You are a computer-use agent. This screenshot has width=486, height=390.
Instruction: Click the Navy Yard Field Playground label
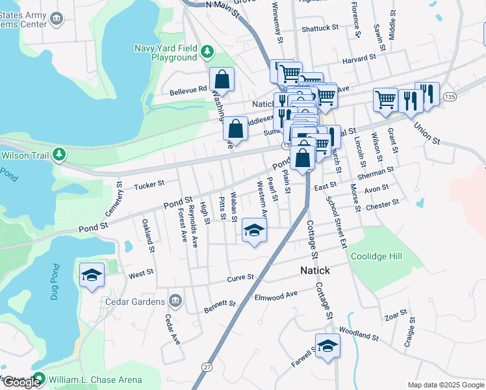point(165,53)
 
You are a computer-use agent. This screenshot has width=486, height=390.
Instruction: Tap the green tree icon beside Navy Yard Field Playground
point(207,51)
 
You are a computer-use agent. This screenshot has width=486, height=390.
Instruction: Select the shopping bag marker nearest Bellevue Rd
point(222,79)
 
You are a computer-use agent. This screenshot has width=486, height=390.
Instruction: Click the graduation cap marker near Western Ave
point(255,230)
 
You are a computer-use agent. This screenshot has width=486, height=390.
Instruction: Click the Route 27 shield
point(207,367)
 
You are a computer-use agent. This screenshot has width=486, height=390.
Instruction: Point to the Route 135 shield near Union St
point(449,96)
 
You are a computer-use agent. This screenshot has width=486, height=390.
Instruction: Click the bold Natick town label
point(314,270)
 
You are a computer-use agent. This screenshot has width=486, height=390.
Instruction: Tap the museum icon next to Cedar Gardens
point(175,301)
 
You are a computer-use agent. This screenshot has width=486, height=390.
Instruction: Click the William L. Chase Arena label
point(89,378)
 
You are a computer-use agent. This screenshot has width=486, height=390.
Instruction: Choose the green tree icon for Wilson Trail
point(59,155)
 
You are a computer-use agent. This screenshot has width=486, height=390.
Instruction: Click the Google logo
point(21,382)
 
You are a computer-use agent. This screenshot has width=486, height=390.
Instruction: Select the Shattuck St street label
point(320,29)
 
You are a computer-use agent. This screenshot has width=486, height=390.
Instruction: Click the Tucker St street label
point(147,185)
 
